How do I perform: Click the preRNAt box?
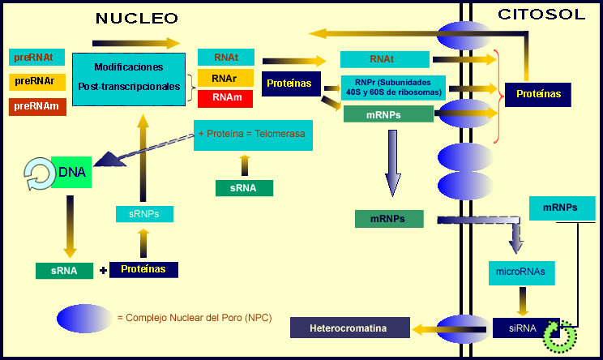(37, 58)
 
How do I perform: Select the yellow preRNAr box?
(37, 82)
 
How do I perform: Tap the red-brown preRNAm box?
(37, 106)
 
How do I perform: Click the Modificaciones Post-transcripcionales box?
(129, 79)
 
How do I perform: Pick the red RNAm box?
(225, 98)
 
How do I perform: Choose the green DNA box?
(71, 172)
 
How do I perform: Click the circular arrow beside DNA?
(39, 174)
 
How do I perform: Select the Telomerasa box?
(253, 135)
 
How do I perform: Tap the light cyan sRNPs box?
(144, 214)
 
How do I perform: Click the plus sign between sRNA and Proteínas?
(103, 270)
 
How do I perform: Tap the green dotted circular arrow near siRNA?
(560, 336)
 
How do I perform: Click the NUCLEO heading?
(137, 18)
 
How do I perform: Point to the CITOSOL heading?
(541, 15)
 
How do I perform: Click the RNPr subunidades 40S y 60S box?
(393, 88)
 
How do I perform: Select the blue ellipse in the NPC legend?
(84, 319)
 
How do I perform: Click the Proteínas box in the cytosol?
(538, 95)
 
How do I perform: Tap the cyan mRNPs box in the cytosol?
(562, 208)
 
